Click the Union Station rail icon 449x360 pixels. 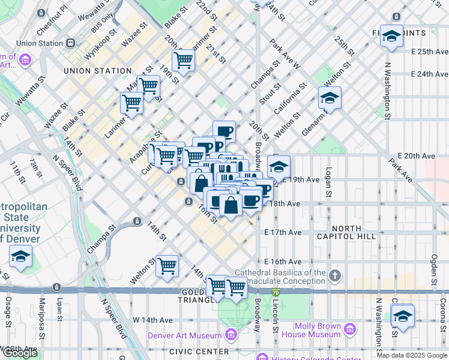pos(71,43)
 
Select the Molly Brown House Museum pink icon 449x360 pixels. pos(350,329)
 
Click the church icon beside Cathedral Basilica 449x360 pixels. pos(335,276)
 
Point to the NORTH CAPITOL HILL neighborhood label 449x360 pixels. pos(346,232)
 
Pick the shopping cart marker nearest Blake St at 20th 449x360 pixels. pos(183,60)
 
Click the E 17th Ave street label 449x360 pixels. pos(283,232)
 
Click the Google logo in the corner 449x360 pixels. pos(20,353)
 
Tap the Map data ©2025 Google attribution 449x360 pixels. pos(412,355)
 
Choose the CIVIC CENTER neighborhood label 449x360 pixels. pos(199,352)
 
